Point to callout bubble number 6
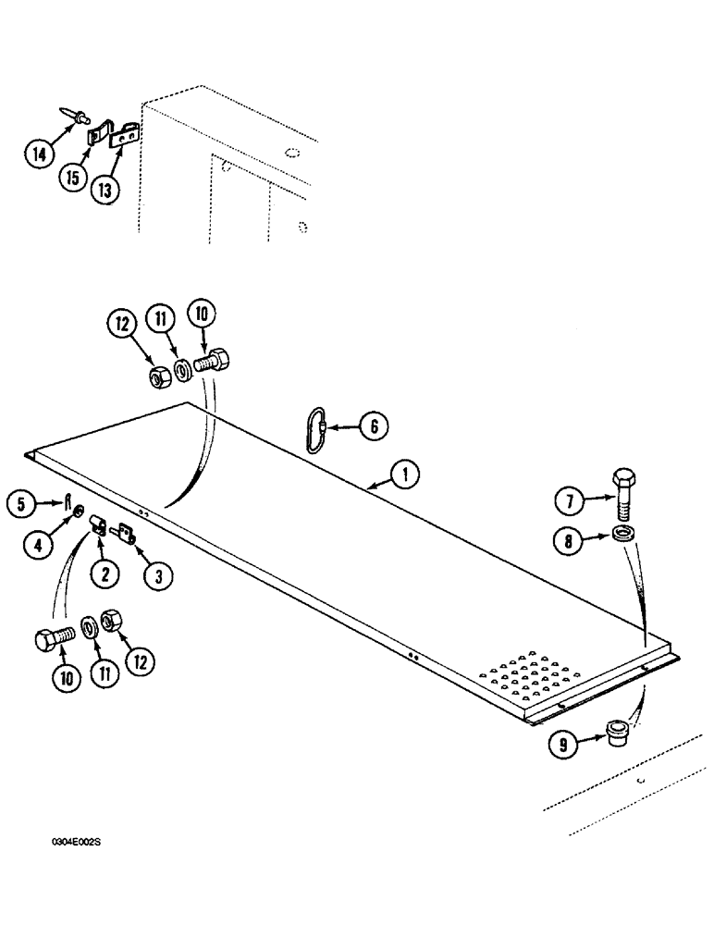[x=372, y=426]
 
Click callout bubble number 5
[x=20, y=504]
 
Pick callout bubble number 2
[x=105, y=573]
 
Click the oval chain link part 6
[x=316, y=430]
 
